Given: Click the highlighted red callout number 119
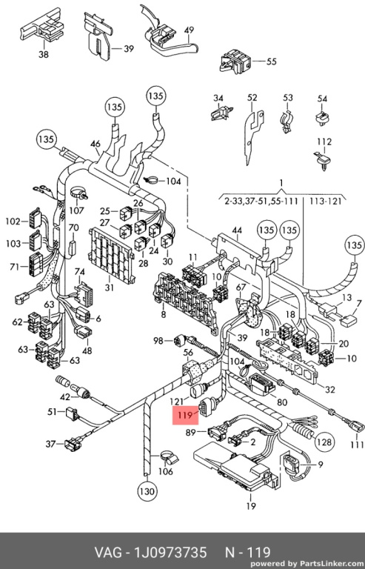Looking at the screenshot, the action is (186, 415).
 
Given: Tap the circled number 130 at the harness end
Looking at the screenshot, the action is (147, 491).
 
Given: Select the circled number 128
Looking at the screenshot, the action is (324, 442).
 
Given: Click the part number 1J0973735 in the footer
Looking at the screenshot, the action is (170, 552).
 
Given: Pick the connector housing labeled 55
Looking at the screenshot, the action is (235, 61).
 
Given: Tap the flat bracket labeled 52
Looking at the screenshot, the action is (253, 134).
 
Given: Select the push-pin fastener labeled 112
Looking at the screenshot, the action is (322, 160).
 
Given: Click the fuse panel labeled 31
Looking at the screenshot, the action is (111, 255).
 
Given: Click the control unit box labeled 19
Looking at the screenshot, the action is (235, 465).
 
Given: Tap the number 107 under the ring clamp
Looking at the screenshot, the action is (76, 210).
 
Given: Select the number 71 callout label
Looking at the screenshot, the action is (15, 267).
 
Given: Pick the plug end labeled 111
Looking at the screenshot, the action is (355, 425).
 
